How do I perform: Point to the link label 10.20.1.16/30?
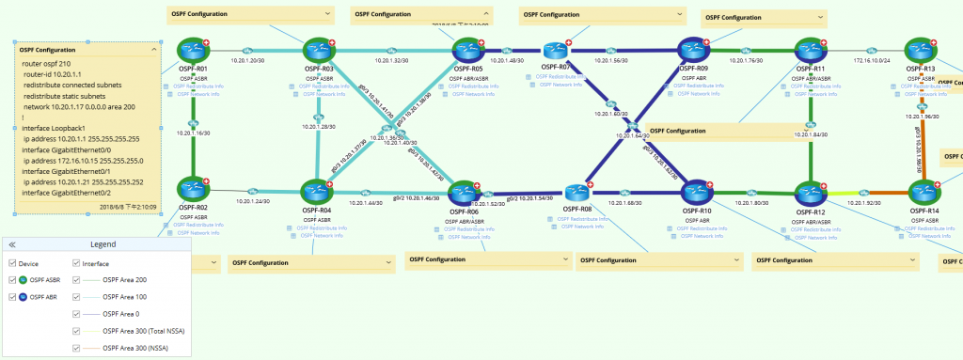point(192,133)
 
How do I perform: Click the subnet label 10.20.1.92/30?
point(865,203)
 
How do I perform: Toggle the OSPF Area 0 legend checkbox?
point(77,314)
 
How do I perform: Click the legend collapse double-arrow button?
point(12,244)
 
